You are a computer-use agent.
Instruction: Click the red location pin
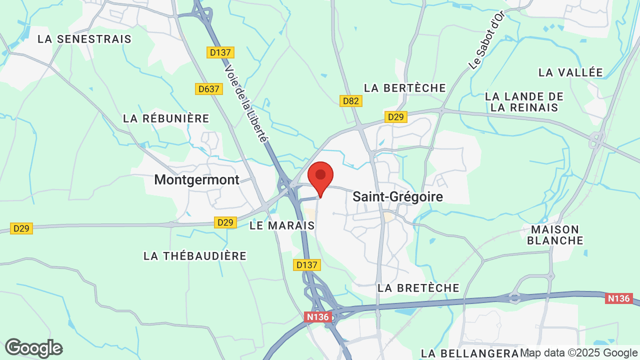[320, 177]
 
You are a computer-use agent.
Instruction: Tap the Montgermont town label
[197, 180]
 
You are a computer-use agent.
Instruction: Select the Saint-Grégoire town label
[397, 196]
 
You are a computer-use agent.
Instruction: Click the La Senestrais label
[84, 39]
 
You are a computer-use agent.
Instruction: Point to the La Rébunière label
[166, 118]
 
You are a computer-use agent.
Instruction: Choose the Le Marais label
[282, 225]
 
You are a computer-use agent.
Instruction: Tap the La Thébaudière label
[195, 256]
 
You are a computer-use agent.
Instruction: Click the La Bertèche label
[405, 88]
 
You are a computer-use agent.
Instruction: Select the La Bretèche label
[418, 288]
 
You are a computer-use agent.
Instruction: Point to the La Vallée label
[570, 72]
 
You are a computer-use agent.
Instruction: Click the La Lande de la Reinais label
[524, 102]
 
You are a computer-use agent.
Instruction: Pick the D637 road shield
[208, 89]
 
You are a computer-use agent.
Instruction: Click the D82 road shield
[351, 101]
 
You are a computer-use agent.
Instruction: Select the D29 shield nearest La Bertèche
[396, 117]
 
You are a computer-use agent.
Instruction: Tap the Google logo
[33, 348]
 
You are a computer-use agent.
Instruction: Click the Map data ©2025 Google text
[578, 353]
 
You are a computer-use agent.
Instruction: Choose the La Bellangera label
[470, 353]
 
